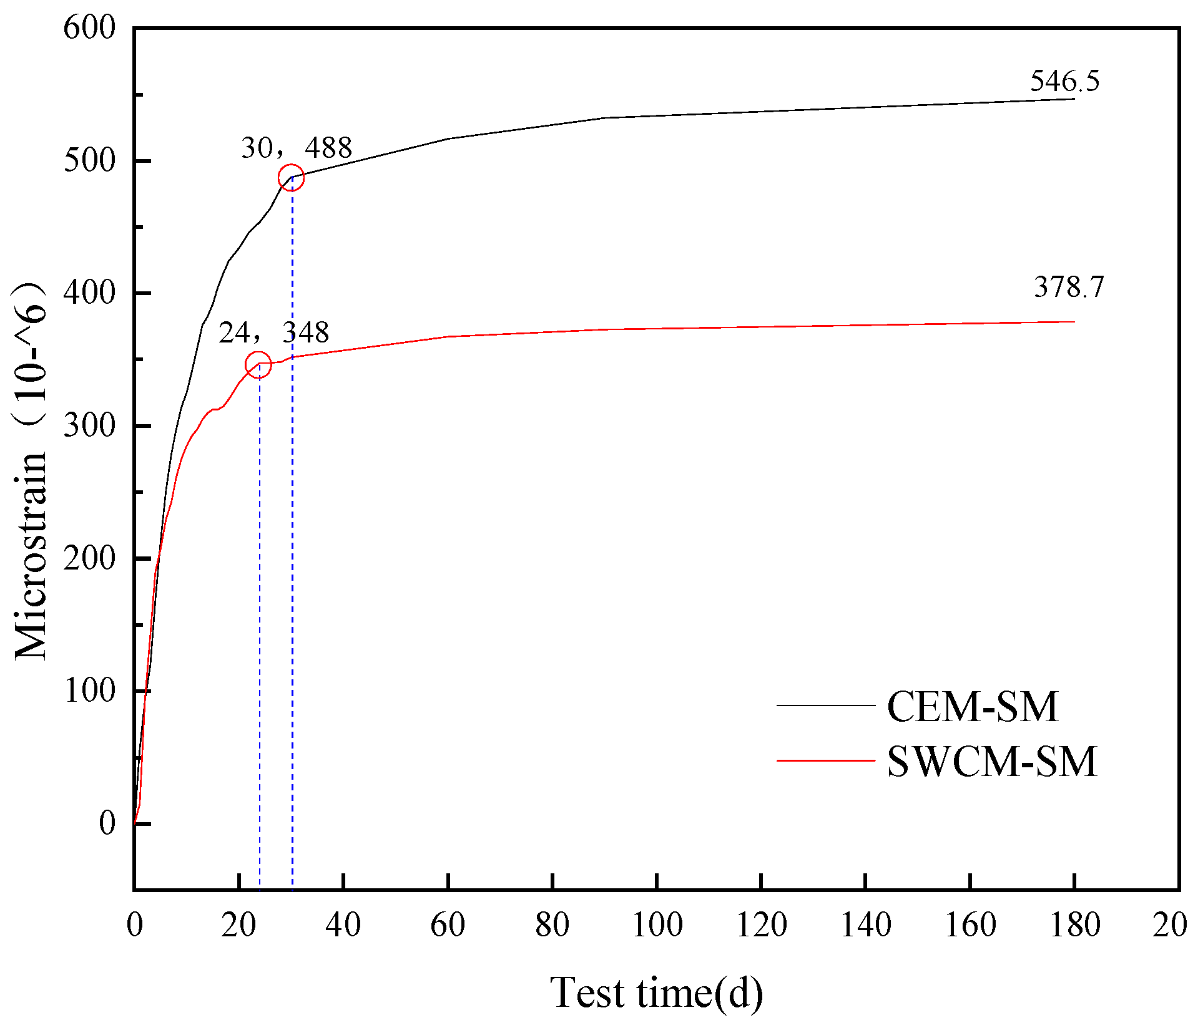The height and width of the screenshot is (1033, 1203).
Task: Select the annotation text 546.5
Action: [x=1064, y=82]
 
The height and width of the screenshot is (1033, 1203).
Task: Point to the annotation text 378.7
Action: [x=1069, y=288]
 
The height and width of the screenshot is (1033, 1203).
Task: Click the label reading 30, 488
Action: [x=297, y=148]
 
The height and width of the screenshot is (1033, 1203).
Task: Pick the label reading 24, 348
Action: [x=273, y=332]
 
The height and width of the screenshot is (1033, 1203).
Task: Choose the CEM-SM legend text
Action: [x=972, y=707]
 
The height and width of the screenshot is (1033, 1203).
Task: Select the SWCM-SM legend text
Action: [x=991, y=762]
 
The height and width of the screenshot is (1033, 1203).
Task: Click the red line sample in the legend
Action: [x=825, y=760]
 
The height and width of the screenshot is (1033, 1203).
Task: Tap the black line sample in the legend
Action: [x=825, y=706]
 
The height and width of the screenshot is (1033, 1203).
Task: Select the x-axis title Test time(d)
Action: [x=656, y=993]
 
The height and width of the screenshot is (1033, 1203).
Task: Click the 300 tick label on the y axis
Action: [x=90, y=426]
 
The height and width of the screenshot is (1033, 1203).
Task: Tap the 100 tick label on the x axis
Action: [x=657, y=925]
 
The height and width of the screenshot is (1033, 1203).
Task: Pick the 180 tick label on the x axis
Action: [x=1074, y=925]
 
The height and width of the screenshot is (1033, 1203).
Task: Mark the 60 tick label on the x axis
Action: [x=448, y=925]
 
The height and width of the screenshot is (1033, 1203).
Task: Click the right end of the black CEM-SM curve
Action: [x=1074, y=99]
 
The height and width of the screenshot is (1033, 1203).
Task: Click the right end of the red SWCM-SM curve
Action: [x=1074, y=322]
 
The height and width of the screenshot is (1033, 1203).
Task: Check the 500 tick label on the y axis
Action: [x=90, y=161]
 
